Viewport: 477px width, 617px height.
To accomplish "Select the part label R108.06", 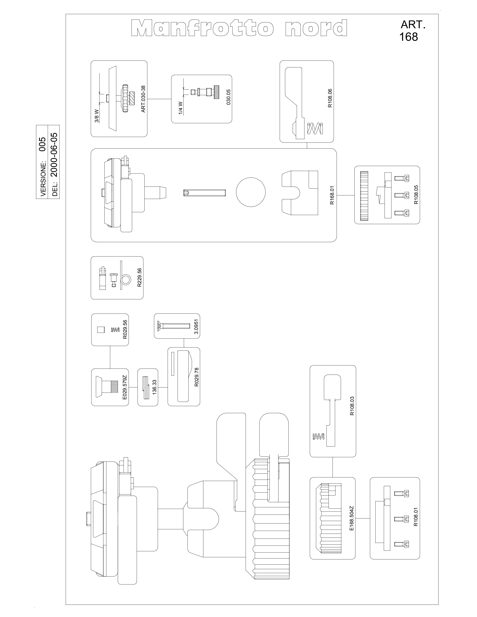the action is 330,98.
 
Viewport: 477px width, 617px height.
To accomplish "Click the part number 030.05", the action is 229,97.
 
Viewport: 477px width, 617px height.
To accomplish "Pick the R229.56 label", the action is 139,277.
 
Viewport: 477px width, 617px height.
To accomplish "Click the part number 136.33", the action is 155,388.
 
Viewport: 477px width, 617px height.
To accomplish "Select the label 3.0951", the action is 196,327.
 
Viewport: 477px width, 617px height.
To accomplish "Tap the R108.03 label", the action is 352,406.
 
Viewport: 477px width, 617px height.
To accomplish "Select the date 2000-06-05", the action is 54,155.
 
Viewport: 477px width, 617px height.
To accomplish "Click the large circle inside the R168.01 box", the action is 251,192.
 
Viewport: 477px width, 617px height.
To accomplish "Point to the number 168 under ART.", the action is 409,37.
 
